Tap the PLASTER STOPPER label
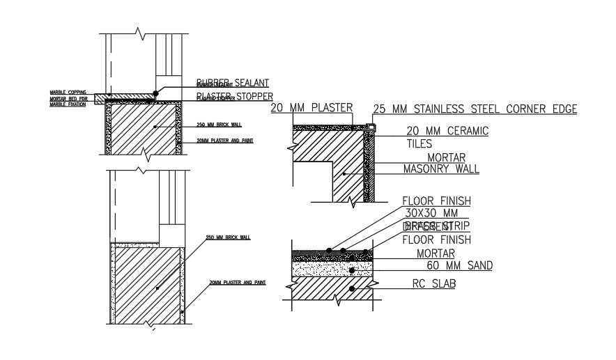point(234,97)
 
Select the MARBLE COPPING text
point(68,92)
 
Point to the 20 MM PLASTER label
point(311,108)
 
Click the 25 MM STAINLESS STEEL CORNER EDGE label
point(475,109)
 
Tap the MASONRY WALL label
point(441,169)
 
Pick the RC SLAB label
point(433,283)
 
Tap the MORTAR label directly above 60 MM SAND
point(435,253)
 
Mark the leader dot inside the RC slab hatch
point(353,288)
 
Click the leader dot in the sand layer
point(352,269)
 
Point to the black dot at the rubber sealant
point(156,92)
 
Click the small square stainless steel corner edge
point(371,126)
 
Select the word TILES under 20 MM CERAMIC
point(419,144)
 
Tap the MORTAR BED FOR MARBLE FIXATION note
point(68,101)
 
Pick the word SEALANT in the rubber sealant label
point(247,82)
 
